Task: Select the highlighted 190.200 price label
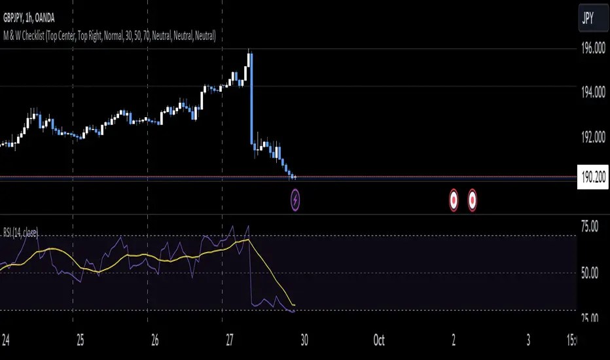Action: [x=593, y=177]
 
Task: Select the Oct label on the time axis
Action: [x=378, y=341]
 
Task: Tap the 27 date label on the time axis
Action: [x=223, y=341]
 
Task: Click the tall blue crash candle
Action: [x=251, y=98]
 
